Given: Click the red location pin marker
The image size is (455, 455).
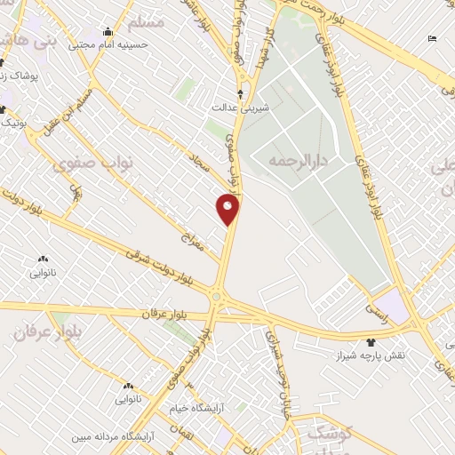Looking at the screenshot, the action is [x=227, y=210].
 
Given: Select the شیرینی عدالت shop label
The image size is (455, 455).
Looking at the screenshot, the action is [x=233, y=107].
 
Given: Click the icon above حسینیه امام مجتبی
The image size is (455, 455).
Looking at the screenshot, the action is [x=108, y=31].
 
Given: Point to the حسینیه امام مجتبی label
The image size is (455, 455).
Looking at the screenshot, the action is [x=109, y=43].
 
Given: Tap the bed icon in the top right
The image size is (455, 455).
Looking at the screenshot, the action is [x=432, y=38].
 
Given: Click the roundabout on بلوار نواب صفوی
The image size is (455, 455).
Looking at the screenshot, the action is [x=216, y=297].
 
